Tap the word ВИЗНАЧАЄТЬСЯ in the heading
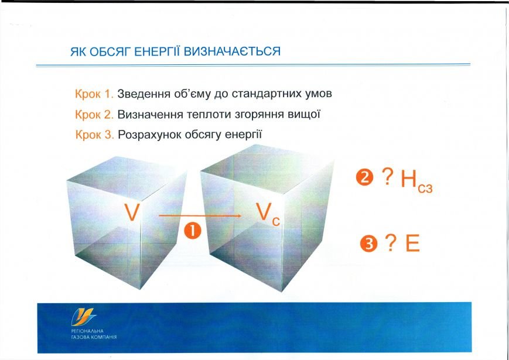pos(232,52)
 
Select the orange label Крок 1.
pos(94,94)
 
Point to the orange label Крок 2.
pos(94,115)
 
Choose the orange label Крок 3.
pos(94,135)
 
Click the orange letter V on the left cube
pos(132,212)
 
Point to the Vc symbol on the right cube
pos(268,214)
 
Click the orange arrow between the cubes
pos(200,215)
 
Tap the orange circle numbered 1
pos(193,232)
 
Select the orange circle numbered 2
pos(364,177)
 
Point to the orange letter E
pos(412,244)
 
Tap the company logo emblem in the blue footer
pos(83,317)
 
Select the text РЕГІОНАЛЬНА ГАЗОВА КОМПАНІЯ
pos(94,334)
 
